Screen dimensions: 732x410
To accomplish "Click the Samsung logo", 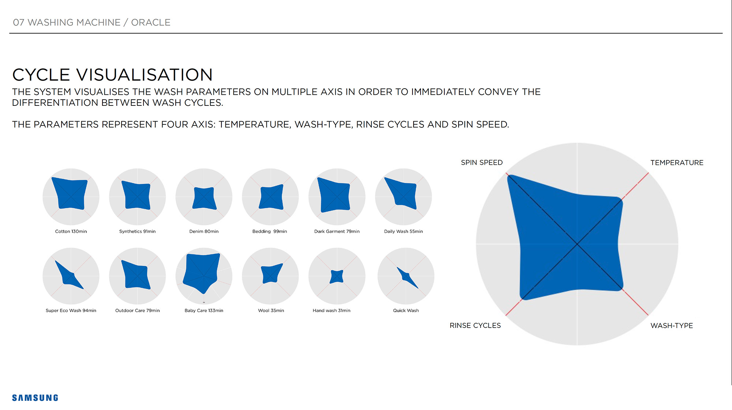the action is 35,398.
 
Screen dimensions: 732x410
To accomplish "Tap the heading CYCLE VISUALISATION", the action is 112,75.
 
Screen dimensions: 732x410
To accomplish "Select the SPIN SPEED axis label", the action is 482,163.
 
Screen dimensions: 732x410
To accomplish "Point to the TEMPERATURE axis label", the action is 677,163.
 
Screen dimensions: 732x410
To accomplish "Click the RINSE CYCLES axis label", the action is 475,325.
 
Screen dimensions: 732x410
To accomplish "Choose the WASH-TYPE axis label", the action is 672,325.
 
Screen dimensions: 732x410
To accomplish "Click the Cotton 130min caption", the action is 71,231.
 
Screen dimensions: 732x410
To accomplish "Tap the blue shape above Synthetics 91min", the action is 137,195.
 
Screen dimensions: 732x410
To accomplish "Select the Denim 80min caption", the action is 204,231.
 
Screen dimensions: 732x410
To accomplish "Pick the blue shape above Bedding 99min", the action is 271,197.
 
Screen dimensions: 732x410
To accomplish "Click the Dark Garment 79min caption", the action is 337,231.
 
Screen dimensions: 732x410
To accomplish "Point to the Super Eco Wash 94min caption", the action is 71,310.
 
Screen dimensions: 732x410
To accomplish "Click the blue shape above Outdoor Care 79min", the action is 137,275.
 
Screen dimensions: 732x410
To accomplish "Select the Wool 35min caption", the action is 271,310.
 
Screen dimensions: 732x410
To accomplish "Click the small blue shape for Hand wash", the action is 337,276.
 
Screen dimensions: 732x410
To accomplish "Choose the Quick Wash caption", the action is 406,310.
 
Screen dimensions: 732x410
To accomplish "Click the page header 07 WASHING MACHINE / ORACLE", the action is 91,22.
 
